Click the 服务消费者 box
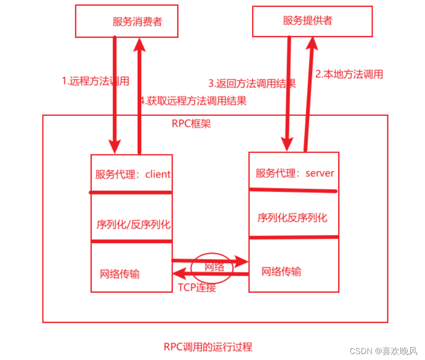[127, 21]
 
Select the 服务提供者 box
[312, 21]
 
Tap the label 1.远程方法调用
[95, 81]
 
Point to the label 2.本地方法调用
[349, 74]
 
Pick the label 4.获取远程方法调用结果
[193, 101]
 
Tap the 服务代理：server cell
[294, 173]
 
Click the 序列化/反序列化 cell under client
[133, 224]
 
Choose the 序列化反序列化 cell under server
[292, 217]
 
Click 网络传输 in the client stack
[119, 274]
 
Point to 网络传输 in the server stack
[281, 271]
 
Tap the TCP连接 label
[197, 287]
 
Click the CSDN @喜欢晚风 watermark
[383, 351]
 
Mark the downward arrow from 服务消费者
[115, 94]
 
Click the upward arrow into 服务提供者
[310, 94]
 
